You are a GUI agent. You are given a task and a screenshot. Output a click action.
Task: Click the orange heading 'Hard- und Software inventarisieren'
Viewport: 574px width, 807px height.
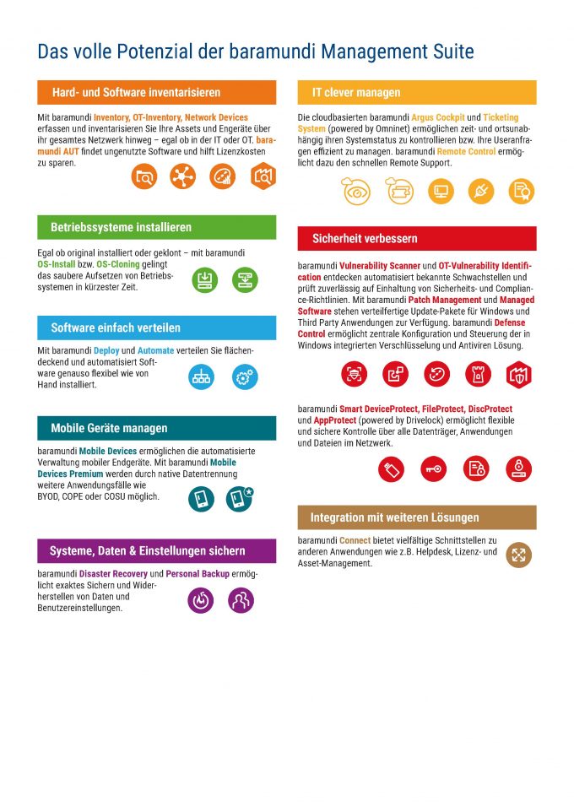click(x=135, y=92)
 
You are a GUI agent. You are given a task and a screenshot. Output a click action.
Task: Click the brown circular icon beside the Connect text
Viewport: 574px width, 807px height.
click(x=519, y=555)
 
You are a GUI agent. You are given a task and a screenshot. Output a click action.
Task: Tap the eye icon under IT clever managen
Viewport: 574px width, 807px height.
click(x=355, y=191)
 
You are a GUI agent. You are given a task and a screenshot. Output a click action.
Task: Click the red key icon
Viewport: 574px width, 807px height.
click(x=434, y=468)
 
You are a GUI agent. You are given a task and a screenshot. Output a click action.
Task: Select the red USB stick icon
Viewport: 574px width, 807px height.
click(x=391, y=468)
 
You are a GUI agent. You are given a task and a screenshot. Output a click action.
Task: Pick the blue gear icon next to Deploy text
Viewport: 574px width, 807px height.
click(x=244, y=377)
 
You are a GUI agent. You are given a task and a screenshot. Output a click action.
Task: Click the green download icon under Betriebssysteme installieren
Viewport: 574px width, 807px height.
click(x=203, y=279)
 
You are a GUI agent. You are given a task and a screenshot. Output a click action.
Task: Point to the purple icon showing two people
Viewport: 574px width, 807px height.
click(x=241, y=600)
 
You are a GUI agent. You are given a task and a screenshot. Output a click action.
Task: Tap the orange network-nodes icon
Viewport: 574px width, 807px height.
click(x=181, y=176)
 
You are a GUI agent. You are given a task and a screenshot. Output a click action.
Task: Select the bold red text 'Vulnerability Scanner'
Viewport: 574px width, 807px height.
click(x=379, y=266)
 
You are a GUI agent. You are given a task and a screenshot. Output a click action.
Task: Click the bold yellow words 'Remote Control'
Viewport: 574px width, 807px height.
click(x=466, y=152)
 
